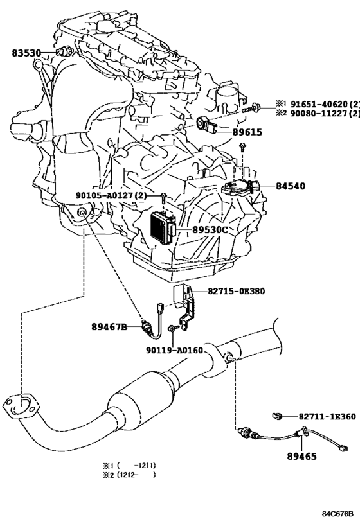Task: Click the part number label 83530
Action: point(26,53)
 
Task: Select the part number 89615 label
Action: point(248,132)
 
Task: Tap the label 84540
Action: point(291,186)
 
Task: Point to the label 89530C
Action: point(210,230)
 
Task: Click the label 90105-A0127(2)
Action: point(111,195)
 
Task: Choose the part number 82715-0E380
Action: point(236,291)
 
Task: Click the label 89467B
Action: point(109,326)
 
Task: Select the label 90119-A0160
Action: point(175,351)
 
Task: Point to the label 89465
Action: point(301,456)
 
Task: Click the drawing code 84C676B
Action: point(338,514)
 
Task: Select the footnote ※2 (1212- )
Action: point(129,475)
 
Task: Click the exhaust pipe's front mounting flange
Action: point(21,407)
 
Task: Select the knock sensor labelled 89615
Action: point(206,124)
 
